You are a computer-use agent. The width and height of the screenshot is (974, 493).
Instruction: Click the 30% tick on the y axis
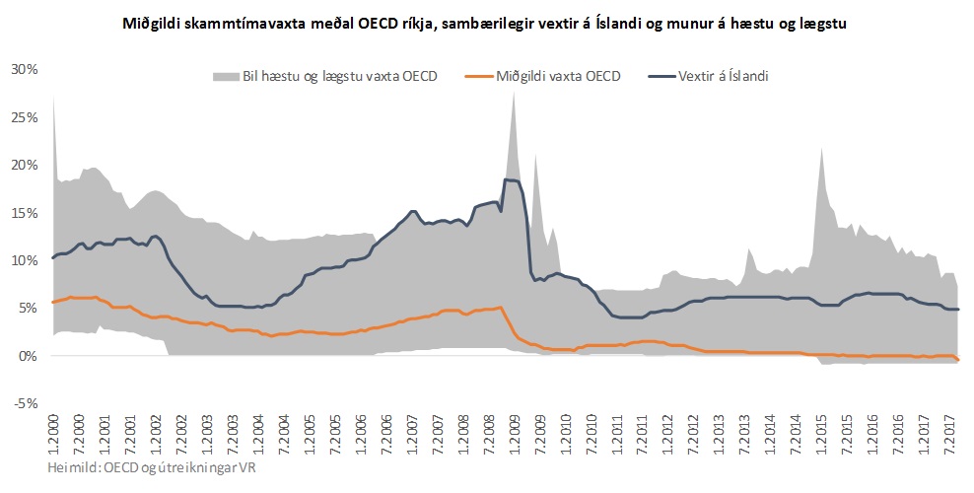click(x=24, y=69)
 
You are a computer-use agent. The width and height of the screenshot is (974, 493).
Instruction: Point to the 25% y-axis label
click(x=24, y=116)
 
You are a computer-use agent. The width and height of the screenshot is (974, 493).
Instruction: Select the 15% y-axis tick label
click(x=24, y=212)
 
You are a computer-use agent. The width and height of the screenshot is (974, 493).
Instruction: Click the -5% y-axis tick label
click(x=25, y=403)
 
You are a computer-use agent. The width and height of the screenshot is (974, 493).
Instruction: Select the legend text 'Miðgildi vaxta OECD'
click(x=558, y=76)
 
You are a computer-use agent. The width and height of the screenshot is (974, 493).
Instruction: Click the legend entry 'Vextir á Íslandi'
click(x=723, y=76)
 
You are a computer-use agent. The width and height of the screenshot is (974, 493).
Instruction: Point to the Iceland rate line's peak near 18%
click(x=509, y=179)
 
